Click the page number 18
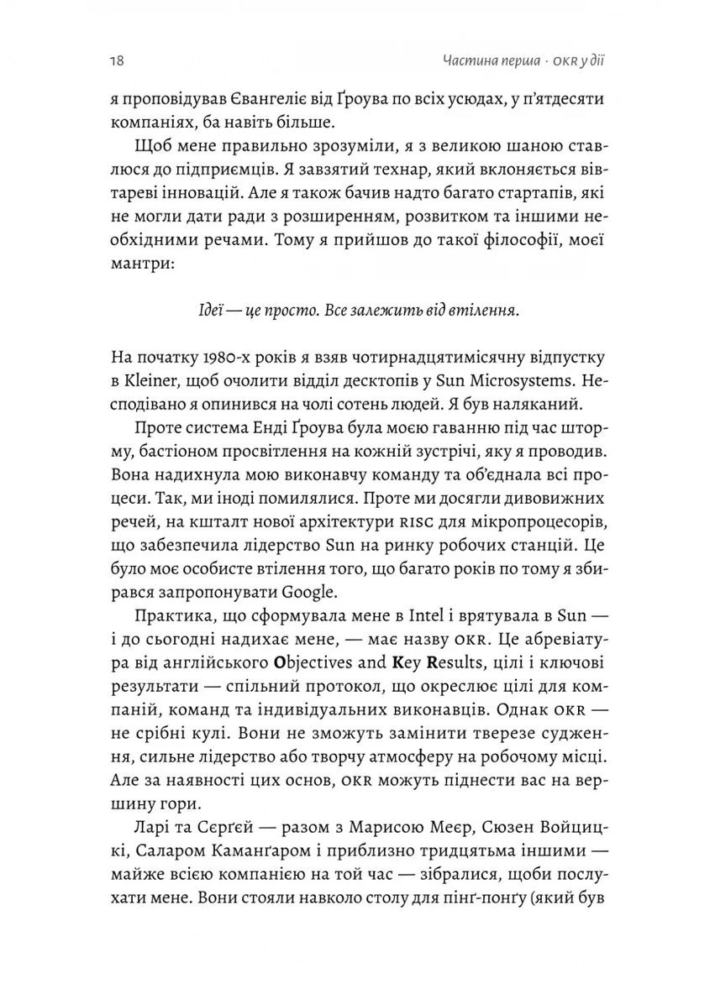(118, 60)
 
